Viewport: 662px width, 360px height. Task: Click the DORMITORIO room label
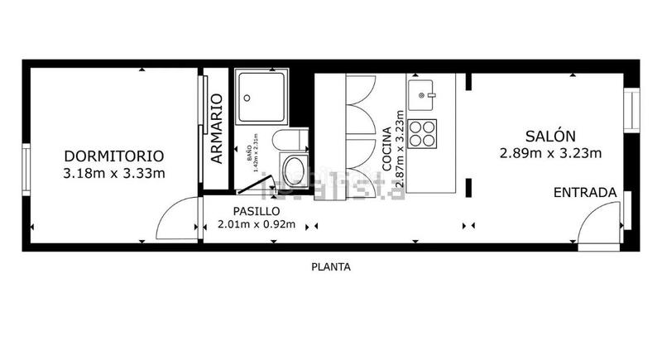point(114,156)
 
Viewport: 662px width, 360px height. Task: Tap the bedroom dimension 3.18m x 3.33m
point(114,174)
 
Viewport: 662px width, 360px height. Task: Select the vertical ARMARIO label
point(217,128)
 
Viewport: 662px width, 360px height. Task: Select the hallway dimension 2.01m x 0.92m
point(255,223)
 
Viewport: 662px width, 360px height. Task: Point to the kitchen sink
point(426,92)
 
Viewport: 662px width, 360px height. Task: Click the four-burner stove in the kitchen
point(423,133)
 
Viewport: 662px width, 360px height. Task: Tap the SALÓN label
point(550,136)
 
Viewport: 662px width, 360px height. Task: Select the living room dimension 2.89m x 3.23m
point(550,153)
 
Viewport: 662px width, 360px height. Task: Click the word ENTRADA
point(584,193)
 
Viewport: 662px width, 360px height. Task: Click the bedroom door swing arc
point(176,217)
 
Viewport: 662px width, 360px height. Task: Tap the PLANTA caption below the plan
point(331,267)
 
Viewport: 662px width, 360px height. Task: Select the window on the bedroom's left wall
point(26,170)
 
